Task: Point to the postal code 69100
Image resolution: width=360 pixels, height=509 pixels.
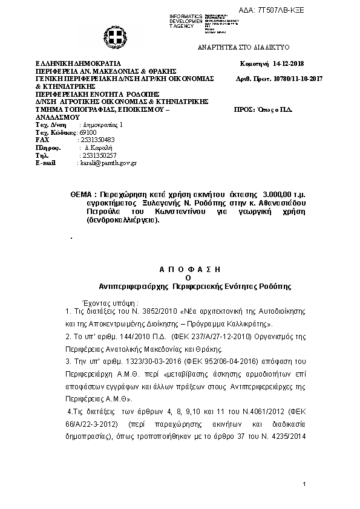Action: pos(88,132)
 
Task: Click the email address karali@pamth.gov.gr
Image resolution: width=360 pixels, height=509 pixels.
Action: pos(108,163)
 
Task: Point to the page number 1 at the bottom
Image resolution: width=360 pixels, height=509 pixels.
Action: pos(305,484)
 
